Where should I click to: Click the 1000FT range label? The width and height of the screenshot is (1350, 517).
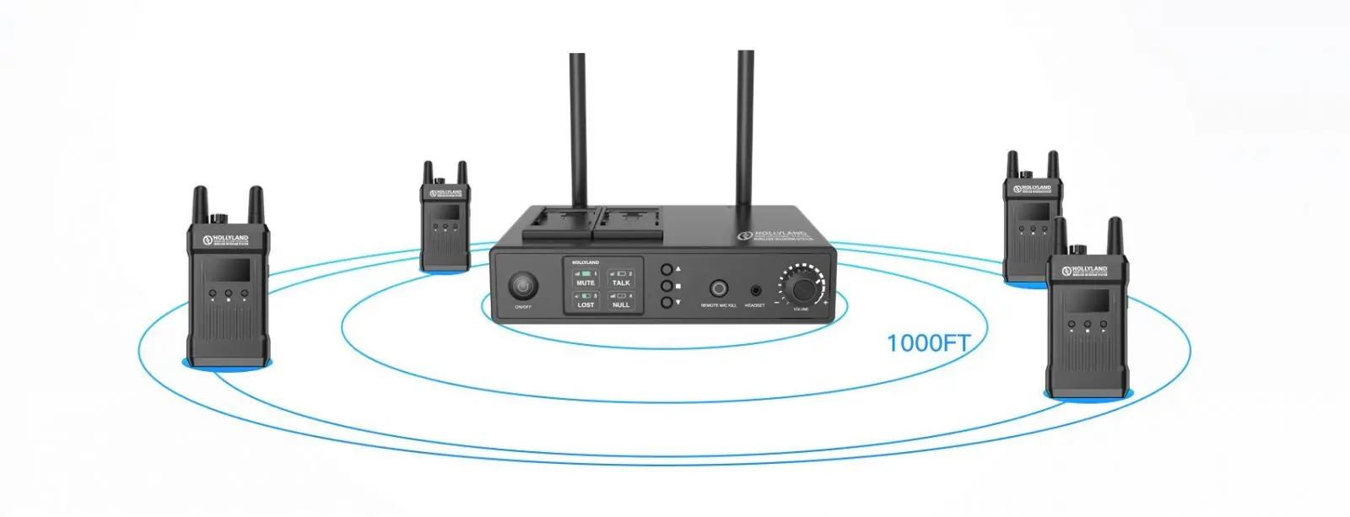pos(927,343)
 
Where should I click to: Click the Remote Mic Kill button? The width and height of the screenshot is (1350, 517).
pos(719,288)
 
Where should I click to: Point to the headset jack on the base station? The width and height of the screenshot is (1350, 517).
pos(754,289)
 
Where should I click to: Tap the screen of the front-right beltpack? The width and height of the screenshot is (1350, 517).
pos(1088,300)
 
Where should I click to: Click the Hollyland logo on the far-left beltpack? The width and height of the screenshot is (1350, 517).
pos(225,240)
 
